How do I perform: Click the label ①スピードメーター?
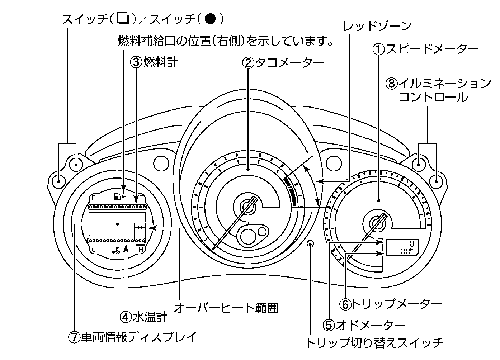pyautogui.click(x=425, y=49)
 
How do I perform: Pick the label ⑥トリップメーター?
pyautogui.click(x=391, y=304)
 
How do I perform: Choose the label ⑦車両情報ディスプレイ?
pyautogui.click(x=133, y=337)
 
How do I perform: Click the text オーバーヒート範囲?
pyautogui.click(x=226, y=308)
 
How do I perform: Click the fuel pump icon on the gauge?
pyautogui.click(x=117, y=197)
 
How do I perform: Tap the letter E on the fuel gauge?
pyautogui.click(x=94, y=198)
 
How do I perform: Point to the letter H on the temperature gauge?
pyautogui.click(x=141, y=250)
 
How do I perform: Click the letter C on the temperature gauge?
pyautogui.click(x=94, y=250)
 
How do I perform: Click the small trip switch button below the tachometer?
pyautogui.click(x=311, y=244)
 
